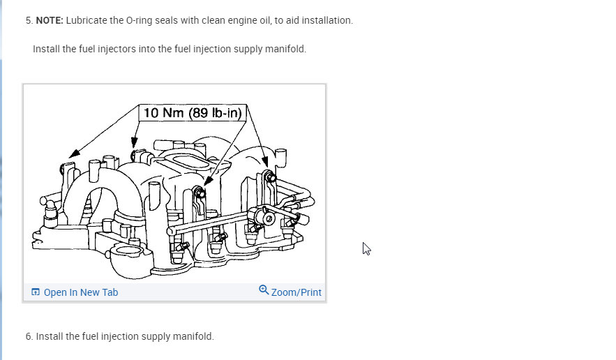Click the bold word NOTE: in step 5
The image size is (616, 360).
coord(50,20)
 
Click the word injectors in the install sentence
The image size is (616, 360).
coord(122,49)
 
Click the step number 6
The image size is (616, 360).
coord(29,336)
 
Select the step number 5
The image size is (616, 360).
coord(29,20)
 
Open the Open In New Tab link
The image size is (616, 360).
coord(80,292)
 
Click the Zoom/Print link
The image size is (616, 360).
coord(296,292)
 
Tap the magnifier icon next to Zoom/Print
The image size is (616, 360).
coord(264,290)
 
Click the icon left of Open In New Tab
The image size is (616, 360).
coord(36,292)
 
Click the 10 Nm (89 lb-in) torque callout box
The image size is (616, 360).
coord(192,113)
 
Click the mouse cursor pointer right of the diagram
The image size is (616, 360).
coord(366,248)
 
